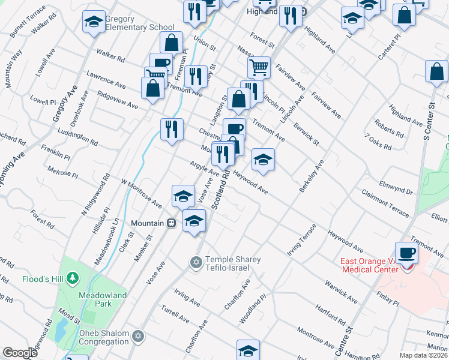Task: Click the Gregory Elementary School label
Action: (140, 23)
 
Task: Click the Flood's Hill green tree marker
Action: (73, 278)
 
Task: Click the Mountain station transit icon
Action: (172, 223)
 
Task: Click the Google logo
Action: (20, 353)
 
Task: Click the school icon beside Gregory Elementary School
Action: (93, 22)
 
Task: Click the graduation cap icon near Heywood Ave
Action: (263, 160)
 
